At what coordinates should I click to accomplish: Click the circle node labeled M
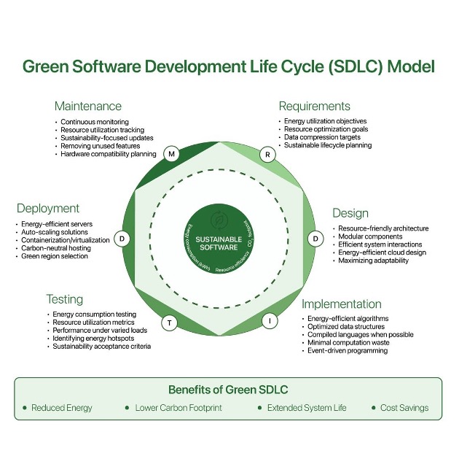(172, 154)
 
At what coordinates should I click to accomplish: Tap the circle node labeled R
(267, 154)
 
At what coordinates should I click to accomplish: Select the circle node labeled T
(170, 322)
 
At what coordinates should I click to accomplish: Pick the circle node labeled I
(270, 320)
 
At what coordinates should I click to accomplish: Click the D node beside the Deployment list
(123, 238)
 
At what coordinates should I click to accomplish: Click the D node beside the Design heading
(315, 238)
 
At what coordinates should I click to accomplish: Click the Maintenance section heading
(88, 107)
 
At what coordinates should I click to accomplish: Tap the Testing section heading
(64, 299)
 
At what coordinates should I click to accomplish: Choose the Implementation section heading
(341, 304)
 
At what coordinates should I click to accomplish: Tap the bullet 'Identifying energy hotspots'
(95, 339)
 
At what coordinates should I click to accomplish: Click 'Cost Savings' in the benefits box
(404, 408)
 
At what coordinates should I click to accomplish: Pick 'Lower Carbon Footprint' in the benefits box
(182, 408)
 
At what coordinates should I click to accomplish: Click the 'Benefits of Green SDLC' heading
(228, 390)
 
